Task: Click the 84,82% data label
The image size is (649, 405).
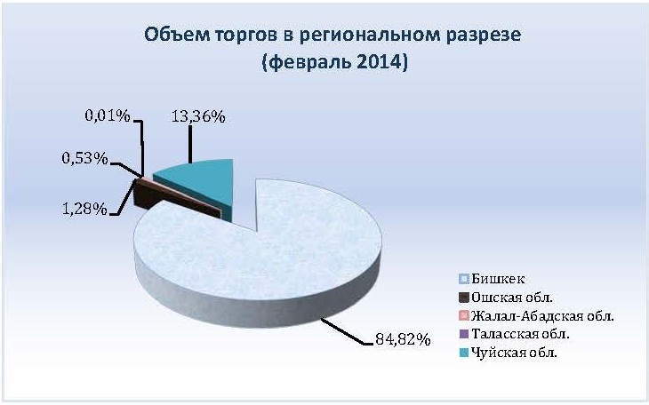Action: pos(403,339)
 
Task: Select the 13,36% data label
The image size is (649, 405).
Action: pos(198,117)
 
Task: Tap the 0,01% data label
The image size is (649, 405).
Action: pos(108,115)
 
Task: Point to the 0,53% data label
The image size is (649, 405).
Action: pos(84,158)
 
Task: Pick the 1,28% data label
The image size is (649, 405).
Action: pos(84,209)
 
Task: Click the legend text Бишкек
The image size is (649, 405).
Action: pos(498,279)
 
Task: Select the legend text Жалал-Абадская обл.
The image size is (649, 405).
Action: pos(542,316)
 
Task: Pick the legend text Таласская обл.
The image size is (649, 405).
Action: pos(520,334)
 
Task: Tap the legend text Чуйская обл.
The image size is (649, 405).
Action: pos(514,353)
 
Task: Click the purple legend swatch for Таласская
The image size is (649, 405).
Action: pos(464,334)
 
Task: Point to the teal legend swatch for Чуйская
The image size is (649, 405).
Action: pos(464,353)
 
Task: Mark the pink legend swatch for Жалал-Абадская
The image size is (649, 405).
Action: pos(464,316)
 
